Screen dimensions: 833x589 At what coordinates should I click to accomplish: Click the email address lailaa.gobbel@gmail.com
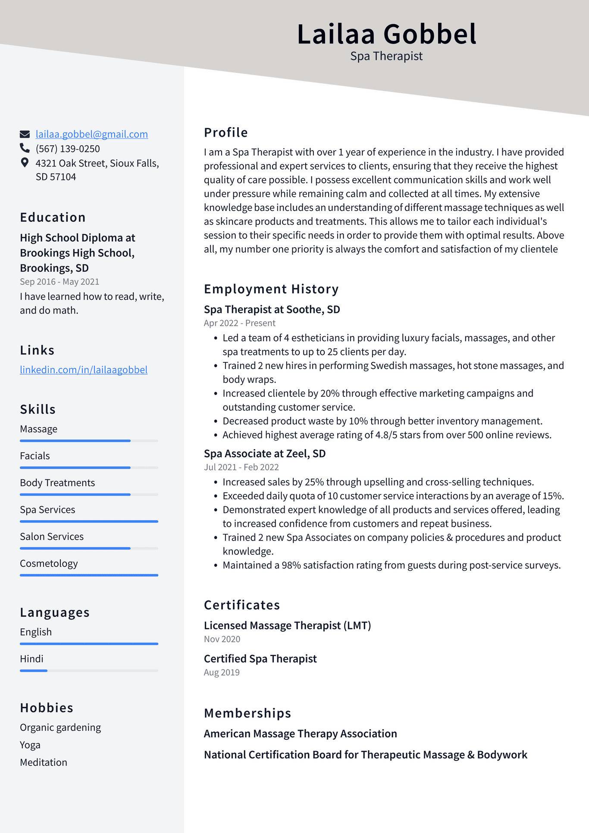coord(91,134)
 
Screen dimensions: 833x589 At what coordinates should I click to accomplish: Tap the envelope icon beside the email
coord(25,134)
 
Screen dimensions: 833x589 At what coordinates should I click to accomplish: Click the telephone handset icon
coord(25,148)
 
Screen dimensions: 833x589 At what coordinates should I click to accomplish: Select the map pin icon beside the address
coord(25,163)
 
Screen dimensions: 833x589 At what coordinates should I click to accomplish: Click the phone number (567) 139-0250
coord(68,149)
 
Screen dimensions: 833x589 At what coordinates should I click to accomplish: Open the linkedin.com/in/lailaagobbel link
coord(84,370)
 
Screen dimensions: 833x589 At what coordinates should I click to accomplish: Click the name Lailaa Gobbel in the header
coord(386,34)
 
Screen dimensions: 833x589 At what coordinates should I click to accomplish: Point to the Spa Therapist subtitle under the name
coord(386,56)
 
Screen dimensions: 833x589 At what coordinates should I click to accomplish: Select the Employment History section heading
coord(271,289)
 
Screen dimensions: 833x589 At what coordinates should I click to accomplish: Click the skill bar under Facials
coord(89,468)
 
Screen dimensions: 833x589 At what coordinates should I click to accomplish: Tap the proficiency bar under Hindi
coord(89,671)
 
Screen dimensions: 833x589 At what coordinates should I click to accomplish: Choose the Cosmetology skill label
coord(49,563)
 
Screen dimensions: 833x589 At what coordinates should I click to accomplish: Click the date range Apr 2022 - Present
coord(239,323)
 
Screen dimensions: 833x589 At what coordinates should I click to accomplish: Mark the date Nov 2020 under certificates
coord(222,639)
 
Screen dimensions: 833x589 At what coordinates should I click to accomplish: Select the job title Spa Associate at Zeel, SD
coord(265,454)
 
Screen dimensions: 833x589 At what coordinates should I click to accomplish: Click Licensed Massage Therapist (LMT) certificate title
coord(287,626)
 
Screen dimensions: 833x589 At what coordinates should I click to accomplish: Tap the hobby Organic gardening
coord(60,727)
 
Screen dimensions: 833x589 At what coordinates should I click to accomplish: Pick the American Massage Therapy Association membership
coord(300,734)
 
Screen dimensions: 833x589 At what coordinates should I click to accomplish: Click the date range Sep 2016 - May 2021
coord(60,282)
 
